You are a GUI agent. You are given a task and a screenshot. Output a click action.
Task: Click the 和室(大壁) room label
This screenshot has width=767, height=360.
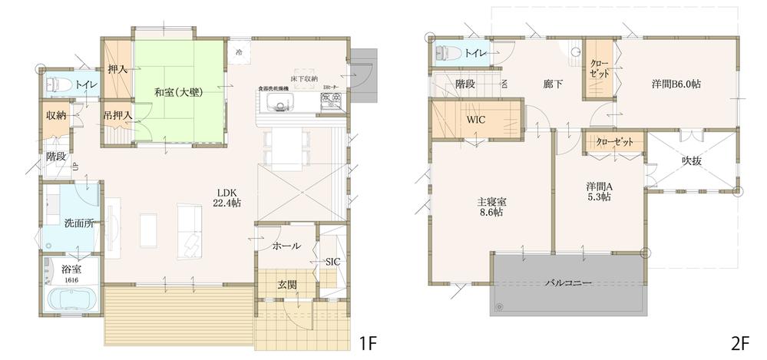(x=177, y=92)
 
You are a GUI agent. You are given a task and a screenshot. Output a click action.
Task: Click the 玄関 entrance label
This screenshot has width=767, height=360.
(x=287, y=284)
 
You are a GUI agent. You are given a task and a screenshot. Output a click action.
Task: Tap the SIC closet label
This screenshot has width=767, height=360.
(x=332, y=261)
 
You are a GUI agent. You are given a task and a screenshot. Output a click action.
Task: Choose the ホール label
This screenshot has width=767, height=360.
(x=286, y=246)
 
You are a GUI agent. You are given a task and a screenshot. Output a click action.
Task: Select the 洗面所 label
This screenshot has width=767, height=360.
(x=79, y=223)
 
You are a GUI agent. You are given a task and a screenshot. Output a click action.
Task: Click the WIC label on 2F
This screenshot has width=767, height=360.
(x=475, y=120)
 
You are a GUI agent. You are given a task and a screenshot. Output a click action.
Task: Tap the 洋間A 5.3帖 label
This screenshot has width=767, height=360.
(x=599, y=191)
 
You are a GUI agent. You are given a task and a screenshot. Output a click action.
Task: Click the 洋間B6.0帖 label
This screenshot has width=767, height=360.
(x=676, y=84)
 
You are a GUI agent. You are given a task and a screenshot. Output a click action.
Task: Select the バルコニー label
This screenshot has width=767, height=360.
(x=568, y=283)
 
